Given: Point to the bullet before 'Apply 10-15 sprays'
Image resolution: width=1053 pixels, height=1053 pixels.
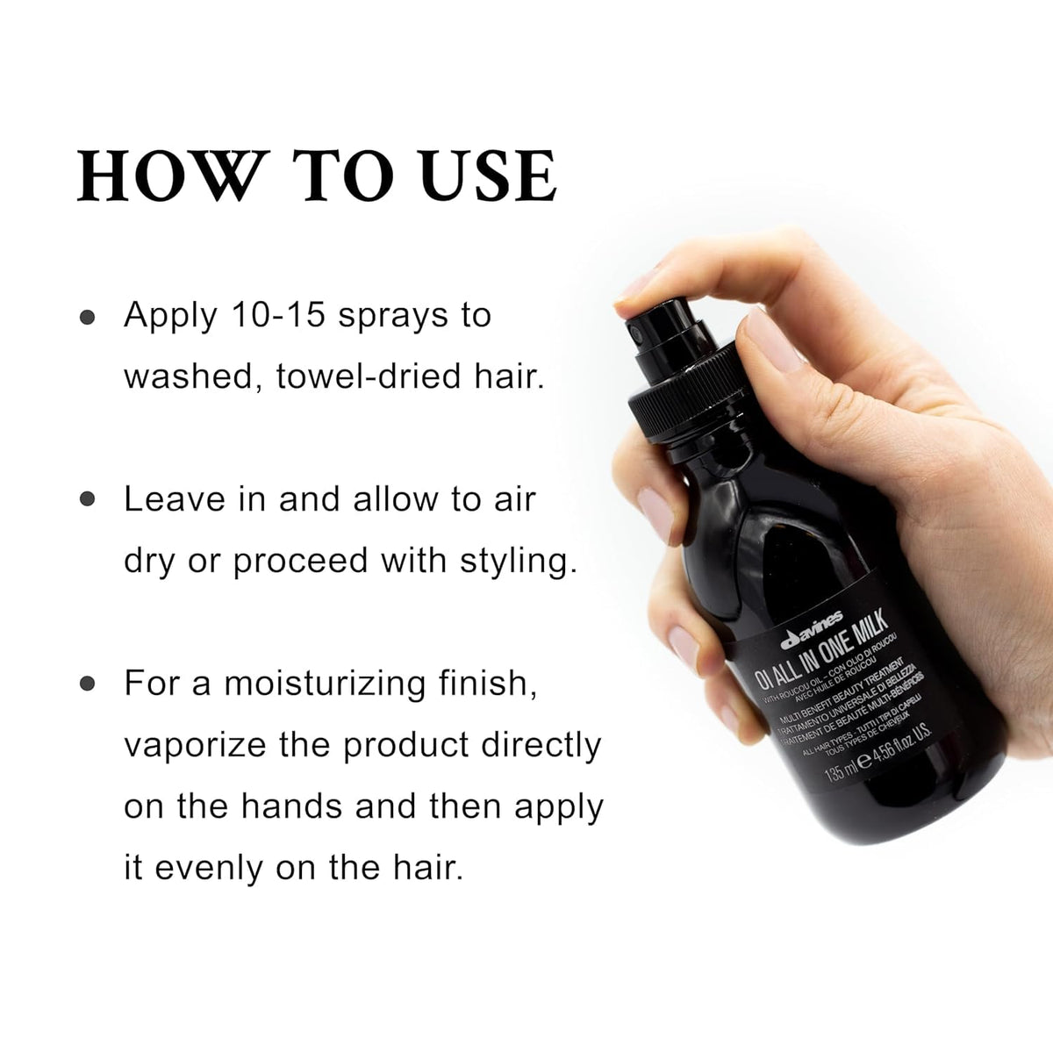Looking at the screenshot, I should [87, 317].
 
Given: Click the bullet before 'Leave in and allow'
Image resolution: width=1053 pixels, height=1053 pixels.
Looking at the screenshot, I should [87, 500].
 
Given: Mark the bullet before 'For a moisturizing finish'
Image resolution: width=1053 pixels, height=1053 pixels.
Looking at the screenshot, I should [87, 684].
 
